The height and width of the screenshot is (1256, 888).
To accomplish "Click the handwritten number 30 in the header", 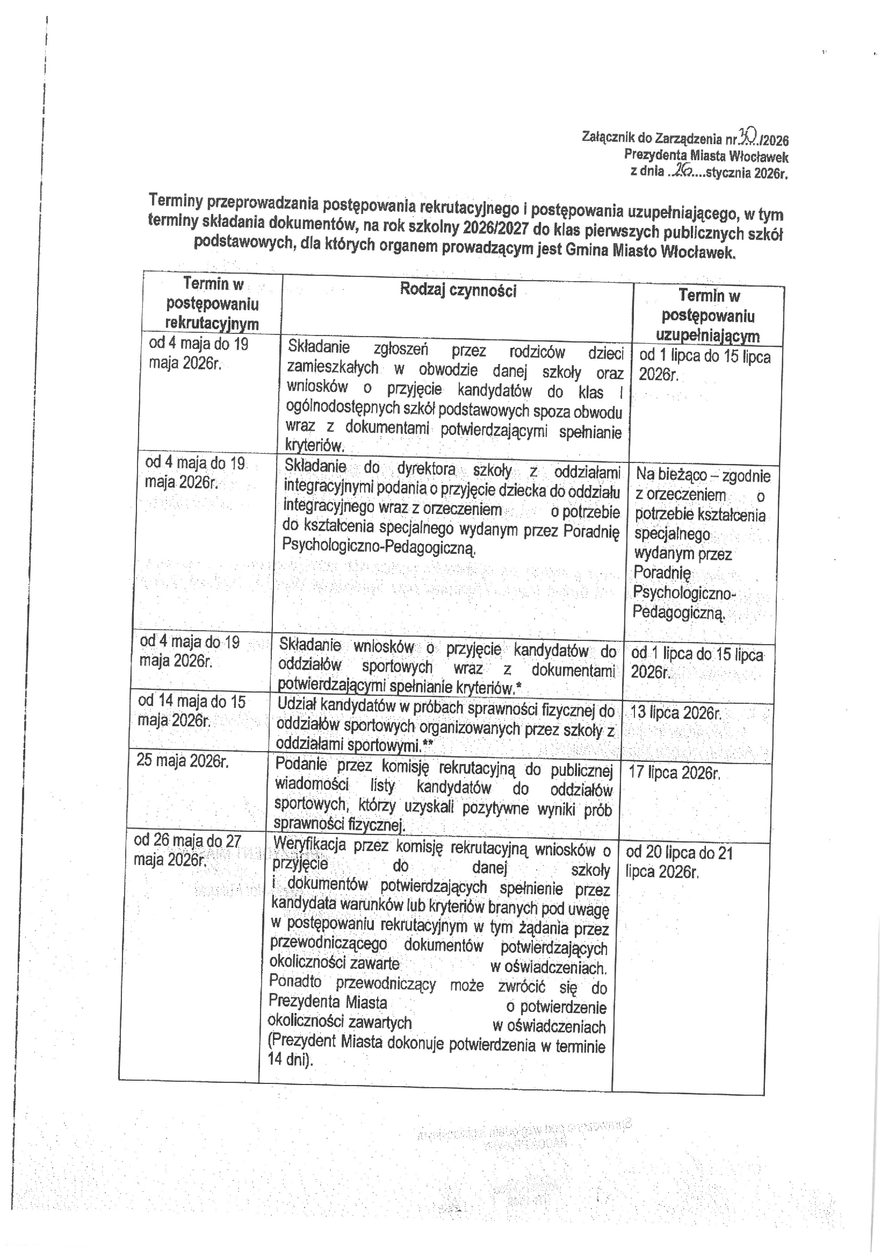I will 747,134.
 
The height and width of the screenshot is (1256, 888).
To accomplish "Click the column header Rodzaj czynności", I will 458,290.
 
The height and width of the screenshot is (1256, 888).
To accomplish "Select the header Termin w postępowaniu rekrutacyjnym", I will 212,304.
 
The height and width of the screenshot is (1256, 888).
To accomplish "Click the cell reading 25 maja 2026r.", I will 182,761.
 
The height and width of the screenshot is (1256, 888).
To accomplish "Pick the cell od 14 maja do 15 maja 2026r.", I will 191,711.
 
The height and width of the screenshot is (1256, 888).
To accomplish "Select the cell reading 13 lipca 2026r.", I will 676,713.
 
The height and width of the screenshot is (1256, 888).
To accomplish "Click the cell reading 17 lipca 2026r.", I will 674,773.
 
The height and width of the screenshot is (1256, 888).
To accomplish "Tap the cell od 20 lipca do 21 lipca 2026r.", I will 679,862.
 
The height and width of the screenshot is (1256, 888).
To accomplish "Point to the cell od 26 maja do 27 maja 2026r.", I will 187,850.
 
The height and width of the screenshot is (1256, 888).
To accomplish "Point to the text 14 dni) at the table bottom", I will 290,1060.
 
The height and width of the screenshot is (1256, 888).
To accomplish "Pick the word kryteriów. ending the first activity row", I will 314,445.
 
